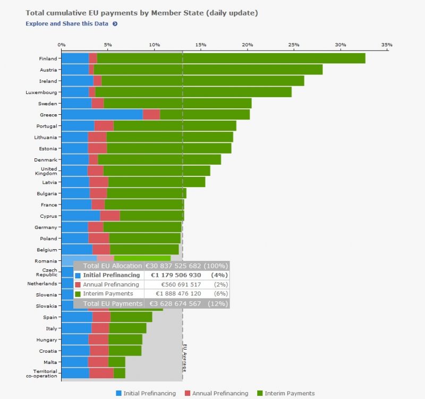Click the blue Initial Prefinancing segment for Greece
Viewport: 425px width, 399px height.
102,114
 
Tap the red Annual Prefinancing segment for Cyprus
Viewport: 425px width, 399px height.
110,216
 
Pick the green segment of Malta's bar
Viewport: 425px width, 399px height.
116,362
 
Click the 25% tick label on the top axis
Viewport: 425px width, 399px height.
294,45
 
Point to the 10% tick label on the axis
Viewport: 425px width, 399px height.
154,45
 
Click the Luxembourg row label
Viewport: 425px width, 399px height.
41,92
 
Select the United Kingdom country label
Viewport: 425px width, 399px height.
49,171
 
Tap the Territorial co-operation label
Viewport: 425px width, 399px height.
45,373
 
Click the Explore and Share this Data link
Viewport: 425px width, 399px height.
67,24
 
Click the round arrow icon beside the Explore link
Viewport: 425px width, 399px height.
115,24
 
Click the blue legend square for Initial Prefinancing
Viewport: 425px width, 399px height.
118,393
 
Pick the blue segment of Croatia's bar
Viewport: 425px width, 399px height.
75,351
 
